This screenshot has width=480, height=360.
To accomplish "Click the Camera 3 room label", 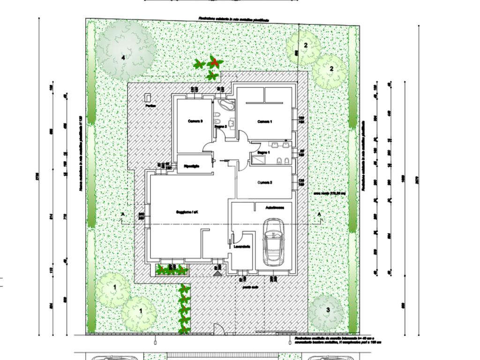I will point(195,121).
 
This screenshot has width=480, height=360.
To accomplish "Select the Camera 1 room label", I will point(265,121).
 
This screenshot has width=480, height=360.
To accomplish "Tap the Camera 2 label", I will point(265,182).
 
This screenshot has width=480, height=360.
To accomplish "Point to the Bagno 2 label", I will point(221,127).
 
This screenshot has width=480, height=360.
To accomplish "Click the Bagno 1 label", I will point(264,152).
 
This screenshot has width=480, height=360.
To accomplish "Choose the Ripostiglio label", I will point(192,166).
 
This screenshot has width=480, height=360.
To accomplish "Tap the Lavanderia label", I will point(242,247).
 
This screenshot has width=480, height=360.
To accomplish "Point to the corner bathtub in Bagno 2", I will point(227,105).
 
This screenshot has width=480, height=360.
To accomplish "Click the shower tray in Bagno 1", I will point(257,160).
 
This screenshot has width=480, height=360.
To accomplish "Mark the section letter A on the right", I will point(320,214).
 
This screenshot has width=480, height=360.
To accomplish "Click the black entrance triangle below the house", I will point(217,272).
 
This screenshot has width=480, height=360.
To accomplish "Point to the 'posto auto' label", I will point(251,287).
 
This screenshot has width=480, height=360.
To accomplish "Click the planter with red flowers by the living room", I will point(172,269).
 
